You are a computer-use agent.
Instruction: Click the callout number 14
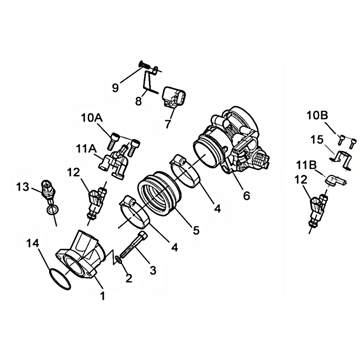pos(32,243)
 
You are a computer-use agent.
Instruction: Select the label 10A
pos(92,118)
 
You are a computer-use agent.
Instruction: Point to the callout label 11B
pos(306,165)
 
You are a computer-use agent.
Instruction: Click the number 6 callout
pos(246,196)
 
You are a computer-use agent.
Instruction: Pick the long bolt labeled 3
pos(134,246)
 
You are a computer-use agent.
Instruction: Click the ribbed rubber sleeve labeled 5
pos(158,193)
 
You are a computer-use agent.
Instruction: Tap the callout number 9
pos(116,87)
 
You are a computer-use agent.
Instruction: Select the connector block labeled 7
pos(174,97)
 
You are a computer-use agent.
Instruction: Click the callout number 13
pos(23,187)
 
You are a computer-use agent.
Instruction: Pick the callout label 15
pos(317,140)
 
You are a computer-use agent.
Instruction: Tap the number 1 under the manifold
pos(103,296)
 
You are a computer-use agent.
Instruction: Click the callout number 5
pos(196,230)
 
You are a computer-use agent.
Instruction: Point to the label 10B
pos(318,116)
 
